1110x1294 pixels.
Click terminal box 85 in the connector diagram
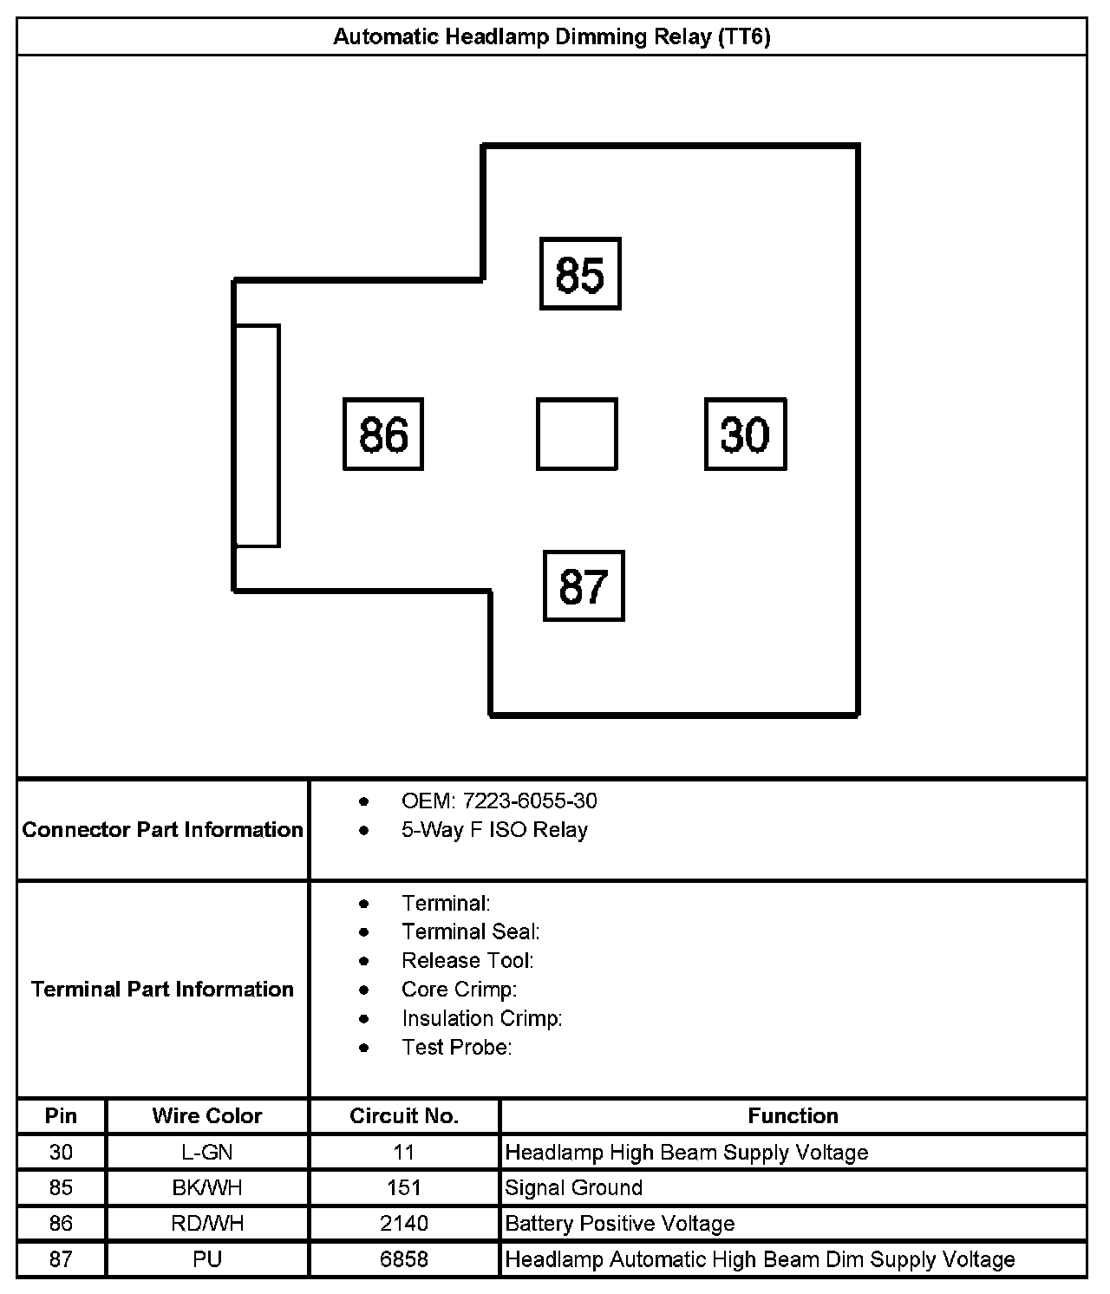point(580,273)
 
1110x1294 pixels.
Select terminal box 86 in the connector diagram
point(383,435)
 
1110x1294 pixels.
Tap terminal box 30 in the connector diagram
point(745,435)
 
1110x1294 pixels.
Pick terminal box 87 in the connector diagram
point(584,585)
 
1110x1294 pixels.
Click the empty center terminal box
point(577,435)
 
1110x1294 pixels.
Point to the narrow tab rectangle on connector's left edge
point(257,435)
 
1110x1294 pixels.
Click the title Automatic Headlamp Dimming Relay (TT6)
point(552,37)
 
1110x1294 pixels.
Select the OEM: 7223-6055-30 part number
point(499,801)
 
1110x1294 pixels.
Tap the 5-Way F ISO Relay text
point(494,830)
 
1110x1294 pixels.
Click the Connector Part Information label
point(163,830)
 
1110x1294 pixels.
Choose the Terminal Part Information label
point(163,990)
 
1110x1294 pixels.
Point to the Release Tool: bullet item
point(467,961)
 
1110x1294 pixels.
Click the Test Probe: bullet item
point(456,1048)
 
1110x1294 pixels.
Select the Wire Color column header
point(207,1116)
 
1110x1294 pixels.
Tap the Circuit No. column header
point(404,1116)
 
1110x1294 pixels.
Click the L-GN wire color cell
point(207,1153)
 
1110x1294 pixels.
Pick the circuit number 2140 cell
point(404,1224)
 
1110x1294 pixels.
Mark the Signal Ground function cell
point(574,1188)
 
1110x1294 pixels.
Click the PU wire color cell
point(207,1259)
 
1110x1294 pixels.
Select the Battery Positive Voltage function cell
point(620,1224)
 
